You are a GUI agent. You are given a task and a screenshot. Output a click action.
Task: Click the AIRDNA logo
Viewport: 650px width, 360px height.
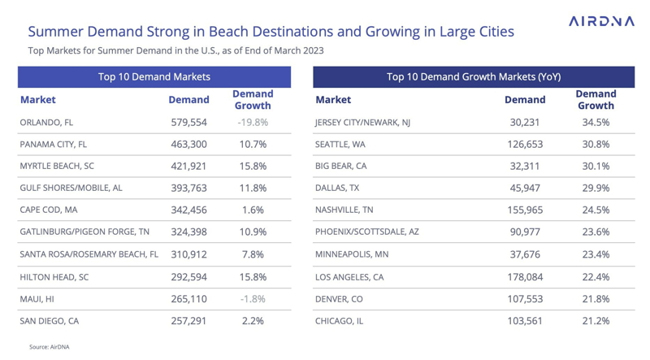tap(601, 21)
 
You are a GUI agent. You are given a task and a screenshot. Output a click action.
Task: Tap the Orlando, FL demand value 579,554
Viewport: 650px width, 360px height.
tap(188, 123)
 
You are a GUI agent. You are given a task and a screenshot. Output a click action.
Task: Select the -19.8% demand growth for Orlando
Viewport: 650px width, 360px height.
tap(253, 123)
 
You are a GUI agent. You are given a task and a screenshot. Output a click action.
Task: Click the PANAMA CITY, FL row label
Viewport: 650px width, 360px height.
tap(54, 145)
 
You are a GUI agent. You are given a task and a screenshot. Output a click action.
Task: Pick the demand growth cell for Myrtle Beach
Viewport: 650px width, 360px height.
tap(253, 167)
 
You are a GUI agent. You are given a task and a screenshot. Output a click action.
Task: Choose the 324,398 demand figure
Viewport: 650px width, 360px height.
tap(188, 232)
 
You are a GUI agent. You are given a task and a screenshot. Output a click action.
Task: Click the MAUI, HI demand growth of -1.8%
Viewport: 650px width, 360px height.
tap(253, 299)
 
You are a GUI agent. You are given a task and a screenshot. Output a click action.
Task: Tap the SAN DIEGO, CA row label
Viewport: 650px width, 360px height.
tap(50, 321)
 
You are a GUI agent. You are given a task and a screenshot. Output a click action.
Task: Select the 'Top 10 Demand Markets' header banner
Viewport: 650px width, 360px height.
tap(154, 77)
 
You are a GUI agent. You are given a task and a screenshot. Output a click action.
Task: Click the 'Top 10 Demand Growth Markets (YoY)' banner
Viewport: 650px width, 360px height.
tap(473, 77)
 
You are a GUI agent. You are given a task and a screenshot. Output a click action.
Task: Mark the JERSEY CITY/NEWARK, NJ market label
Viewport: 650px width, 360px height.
tap(362, 123)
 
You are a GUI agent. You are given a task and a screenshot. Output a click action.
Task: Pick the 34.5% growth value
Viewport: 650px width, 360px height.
tap(596, 123)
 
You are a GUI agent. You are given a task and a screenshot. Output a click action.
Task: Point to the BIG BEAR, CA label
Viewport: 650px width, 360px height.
tap(341, 167)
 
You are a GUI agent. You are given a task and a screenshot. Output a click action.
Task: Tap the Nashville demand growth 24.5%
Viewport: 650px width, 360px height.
tap(596, 210)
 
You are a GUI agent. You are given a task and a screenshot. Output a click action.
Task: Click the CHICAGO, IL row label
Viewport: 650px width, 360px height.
tap(339, 321)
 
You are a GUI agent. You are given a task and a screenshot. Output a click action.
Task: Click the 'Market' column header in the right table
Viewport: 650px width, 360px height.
tap(333, 100)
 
